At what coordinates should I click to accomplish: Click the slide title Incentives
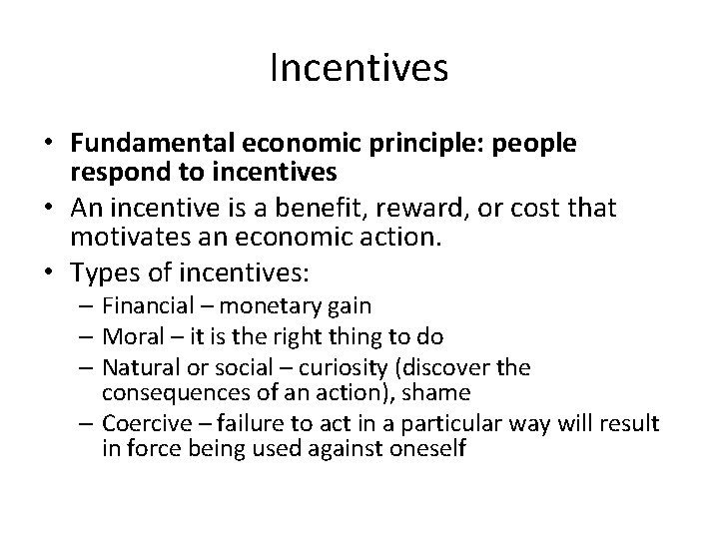[x=359, y=68]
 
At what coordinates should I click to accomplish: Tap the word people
[x=539, y=144]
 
